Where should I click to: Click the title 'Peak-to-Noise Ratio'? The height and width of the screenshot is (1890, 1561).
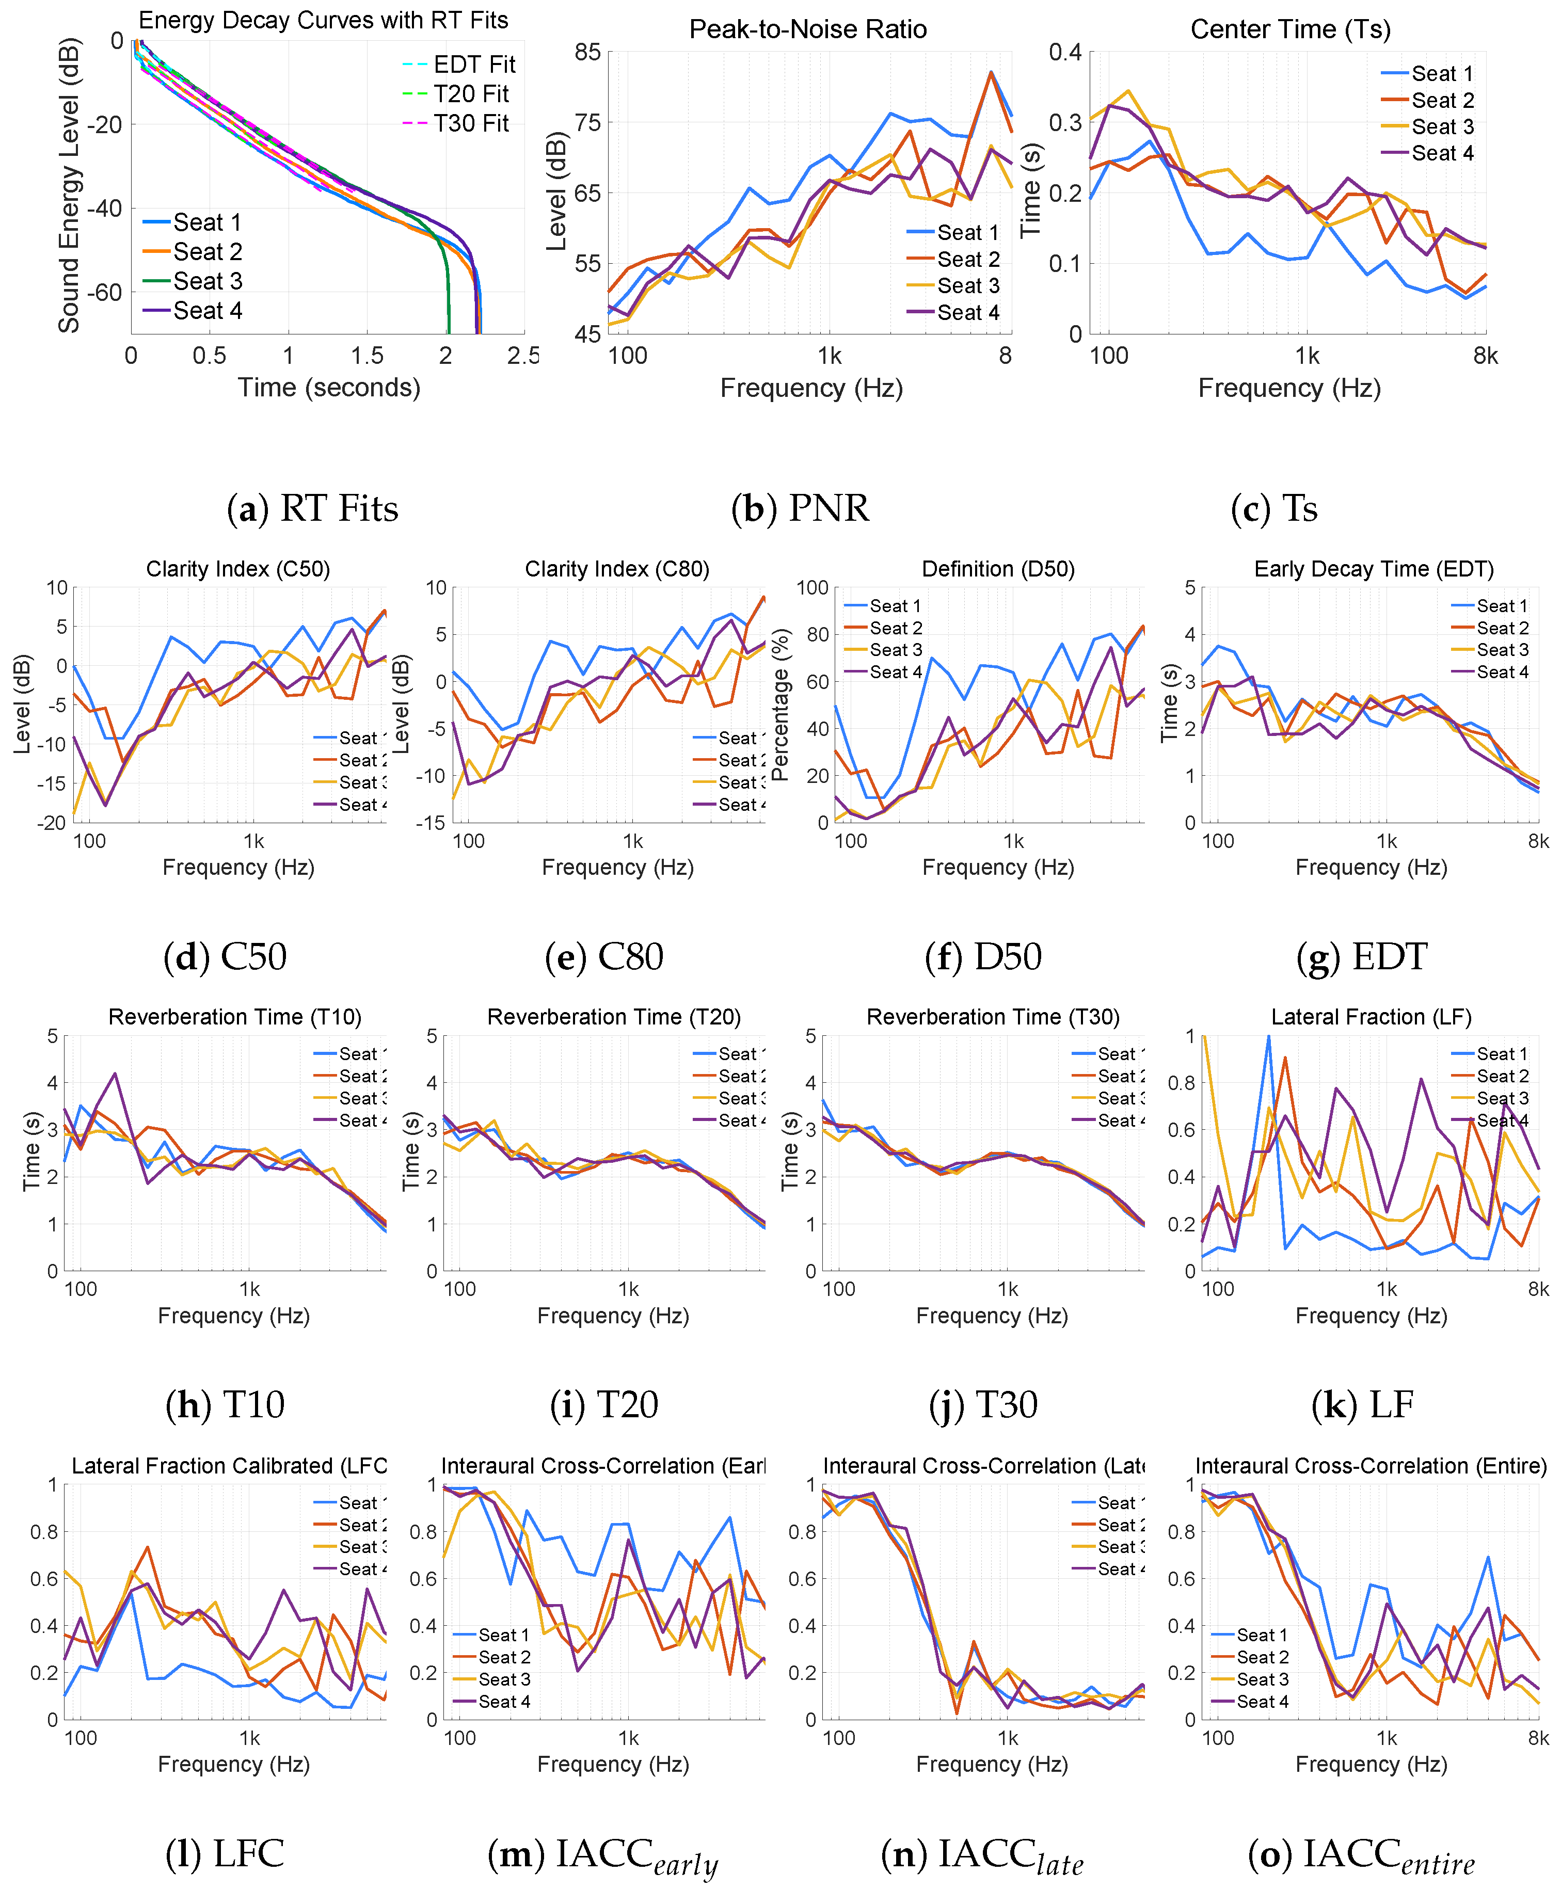coord(807,29)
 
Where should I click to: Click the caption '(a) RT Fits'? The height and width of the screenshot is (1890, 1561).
coord(312,509)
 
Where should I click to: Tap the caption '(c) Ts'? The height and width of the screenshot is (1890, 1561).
coord(1274,509)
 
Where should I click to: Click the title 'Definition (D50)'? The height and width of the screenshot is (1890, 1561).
coord(998,569)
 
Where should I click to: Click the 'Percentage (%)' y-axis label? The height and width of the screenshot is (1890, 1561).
coord(780,706)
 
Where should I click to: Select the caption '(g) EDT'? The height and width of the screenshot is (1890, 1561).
coord(1361,957)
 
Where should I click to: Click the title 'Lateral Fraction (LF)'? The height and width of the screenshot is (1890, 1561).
coord(1371,1017)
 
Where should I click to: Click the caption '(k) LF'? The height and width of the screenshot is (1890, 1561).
coord(1363,1404)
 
